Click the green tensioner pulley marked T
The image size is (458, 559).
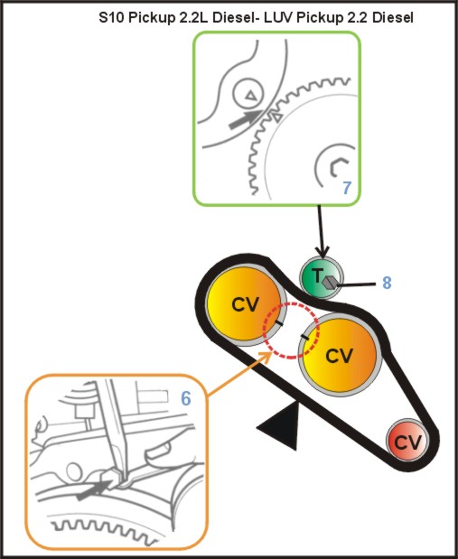click(322, 278)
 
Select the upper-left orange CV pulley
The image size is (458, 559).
click(247, 305)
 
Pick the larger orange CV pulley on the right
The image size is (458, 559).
click(341, 356)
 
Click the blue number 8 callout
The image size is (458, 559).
click(387, 283)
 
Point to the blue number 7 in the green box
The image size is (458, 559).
click(347, 188)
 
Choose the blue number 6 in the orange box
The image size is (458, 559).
click(185, 398)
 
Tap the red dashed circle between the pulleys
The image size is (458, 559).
click(291, 331)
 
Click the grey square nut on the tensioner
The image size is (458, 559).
click(330, 282)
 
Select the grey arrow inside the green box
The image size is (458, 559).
click(247, 119)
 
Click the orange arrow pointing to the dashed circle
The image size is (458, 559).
click(239, 374)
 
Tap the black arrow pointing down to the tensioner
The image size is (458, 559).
click(322, 231)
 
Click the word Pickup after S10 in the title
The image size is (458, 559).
click(152, 17)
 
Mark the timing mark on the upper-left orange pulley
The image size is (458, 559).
click(279, 323)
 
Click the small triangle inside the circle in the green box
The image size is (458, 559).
click(251, 95)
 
